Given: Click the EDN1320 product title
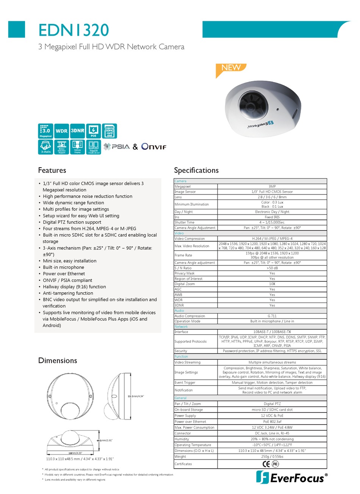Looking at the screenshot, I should pos(74,30).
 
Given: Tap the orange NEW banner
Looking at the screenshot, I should pos(231,68).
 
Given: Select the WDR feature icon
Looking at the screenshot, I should pos(61,131).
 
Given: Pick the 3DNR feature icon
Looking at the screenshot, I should pos(77,131).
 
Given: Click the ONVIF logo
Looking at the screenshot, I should pos(154,147).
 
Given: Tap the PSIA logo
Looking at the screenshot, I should pos(117,147).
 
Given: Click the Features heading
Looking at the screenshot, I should pos(52,170).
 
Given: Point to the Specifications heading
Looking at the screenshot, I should pos(196,170).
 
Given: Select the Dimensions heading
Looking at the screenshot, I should pos(58,361).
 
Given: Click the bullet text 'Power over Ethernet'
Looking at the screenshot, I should pos(64,274).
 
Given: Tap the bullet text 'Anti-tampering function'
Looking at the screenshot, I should pos(68,293).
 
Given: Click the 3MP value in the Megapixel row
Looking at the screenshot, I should pos(272,187).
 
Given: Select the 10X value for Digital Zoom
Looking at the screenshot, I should pos(272,284).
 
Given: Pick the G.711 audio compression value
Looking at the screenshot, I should pos(272,316).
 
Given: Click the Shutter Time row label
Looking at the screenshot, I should pos(184,223).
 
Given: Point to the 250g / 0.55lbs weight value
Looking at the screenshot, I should pos(272,456).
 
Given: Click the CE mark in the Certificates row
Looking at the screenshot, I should pos(266,464).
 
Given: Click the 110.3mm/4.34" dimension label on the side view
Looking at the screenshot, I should pos(136,396).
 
